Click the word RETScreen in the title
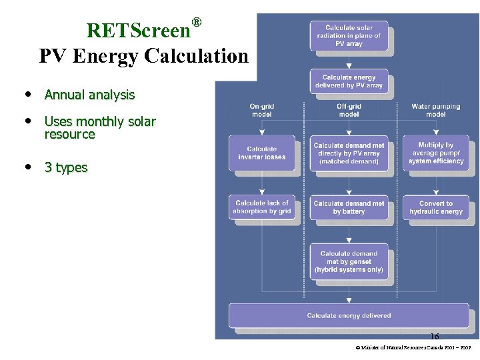pos(139,31)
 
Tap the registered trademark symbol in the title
pos(197,22)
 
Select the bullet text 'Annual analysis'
pos(89,95)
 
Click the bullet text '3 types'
pos(66,167)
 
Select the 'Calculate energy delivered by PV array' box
pos(349,81)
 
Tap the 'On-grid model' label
pos(262,110)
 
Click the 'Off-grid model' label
pos(349,110)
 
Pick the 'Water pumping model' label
pos(435,110)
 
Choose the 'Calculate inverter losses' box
pos(261,153)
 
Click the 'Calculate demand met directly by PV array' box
pos(349,153)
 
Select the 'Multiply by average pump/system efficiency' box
pos(435,153)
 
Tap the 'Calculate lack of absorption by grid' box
pos(261,207)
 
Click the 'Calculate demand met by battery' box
pos(349,207)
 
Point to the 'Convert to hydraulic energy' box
pos(435,207)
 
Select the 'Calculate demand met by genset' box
pos(349,261)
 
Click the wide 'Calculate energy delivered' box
pos(349,315)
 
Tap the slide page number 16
pos(435,337)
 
